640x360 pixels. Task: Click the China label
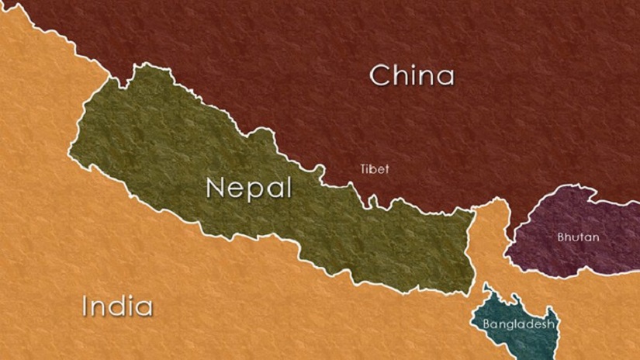[411, 76]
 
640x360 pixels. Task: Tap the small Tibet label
[375, 168]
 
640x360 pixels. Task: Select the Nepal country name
[248, 188]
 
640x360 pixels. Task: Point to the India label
[117, 306]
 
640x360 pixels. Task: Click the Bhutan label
[578, 237]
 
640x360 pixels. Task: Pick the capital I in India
[85, 306]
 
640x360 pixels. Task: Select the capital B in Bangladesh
[486, 324]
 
